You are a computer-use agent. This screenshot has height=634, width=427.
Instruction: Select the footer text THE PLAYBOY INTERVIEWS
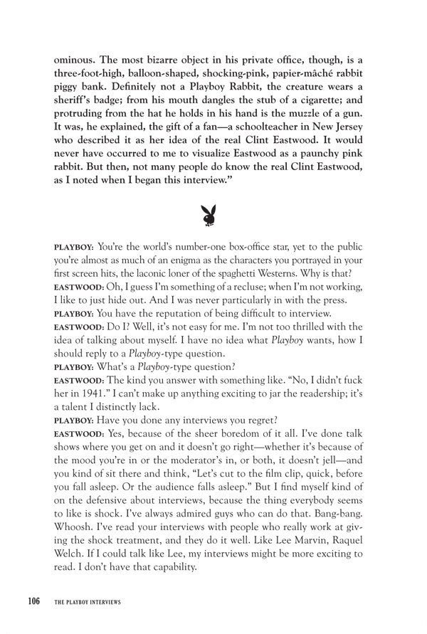click(x=88, y=602)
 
